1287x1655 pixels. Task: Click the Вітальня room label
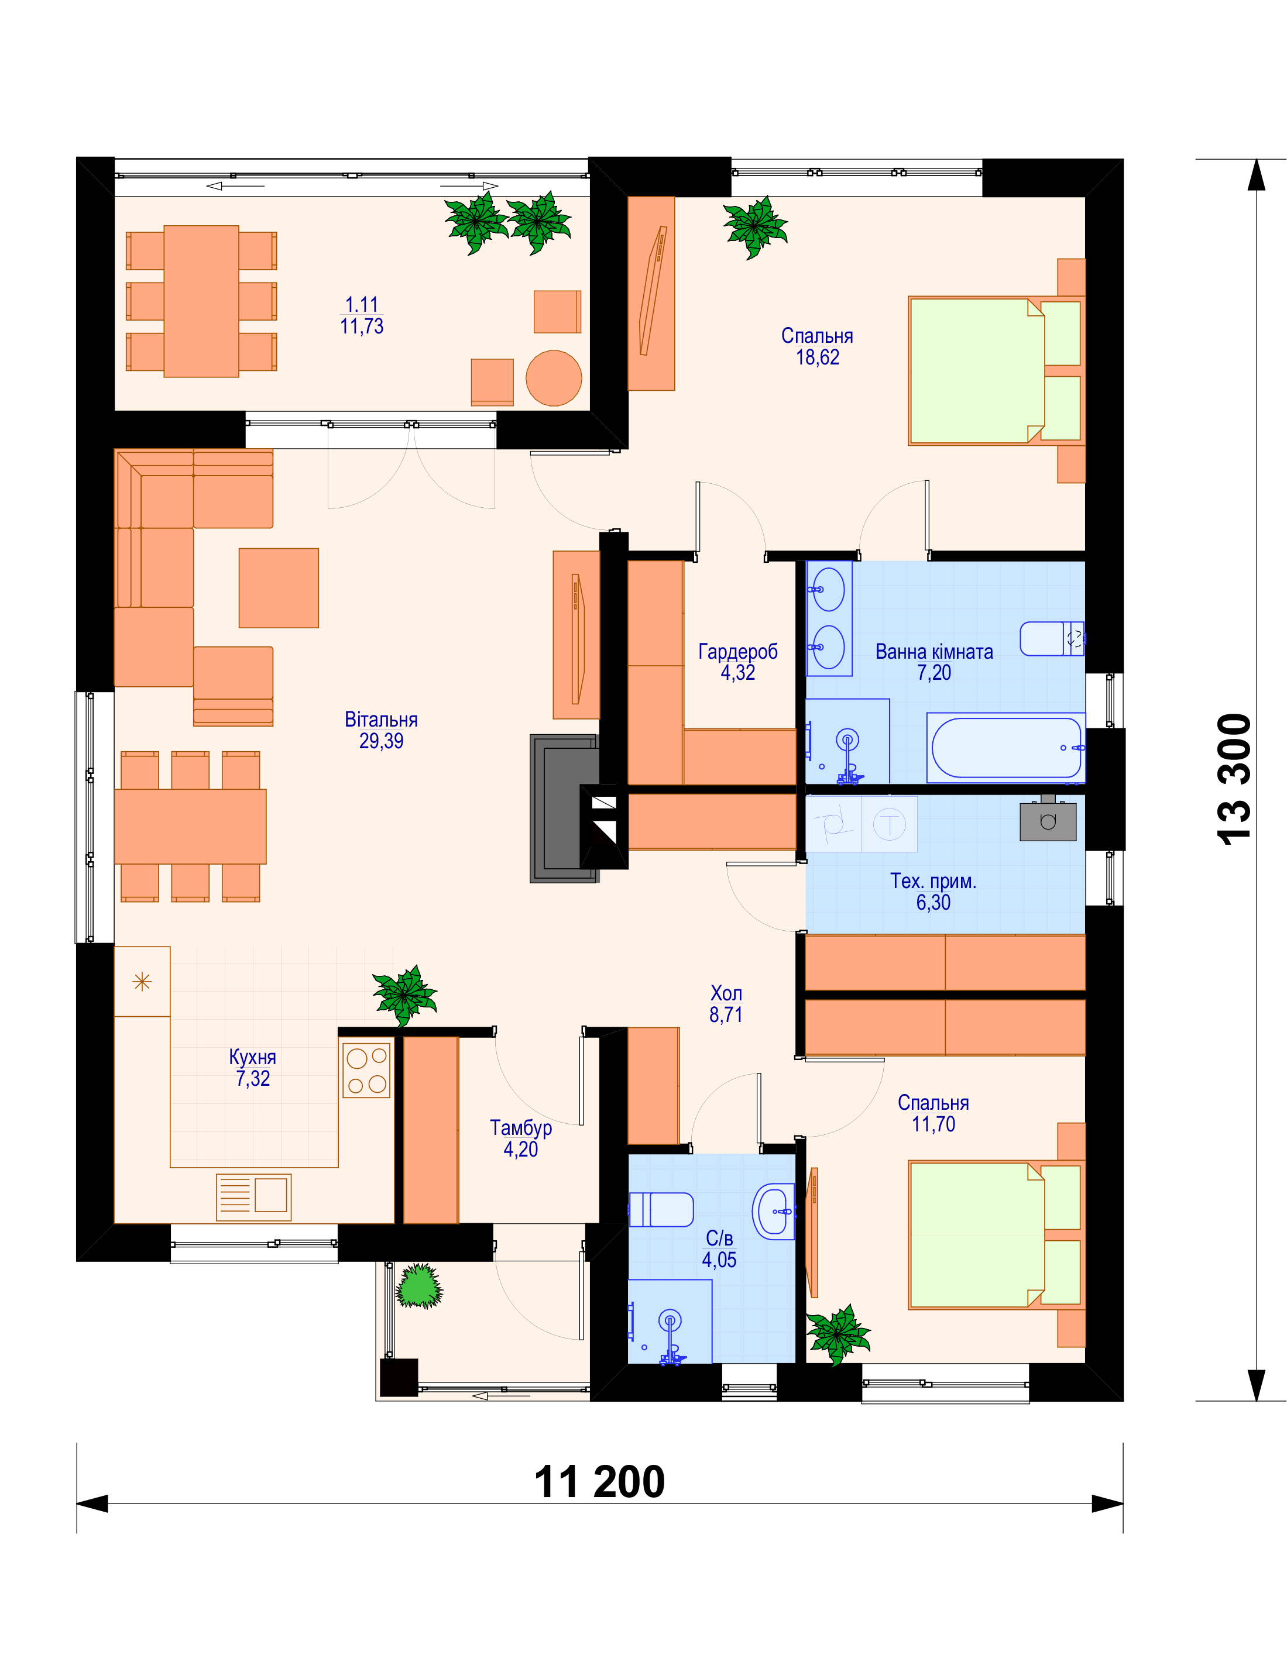380,719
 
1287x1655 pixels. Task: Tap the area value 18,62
817,357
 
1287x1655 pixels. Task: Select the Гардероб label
737,651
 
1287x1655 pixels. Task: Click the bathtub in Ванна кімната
1006,748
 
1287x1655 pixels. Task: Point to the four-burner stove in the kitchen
368,1070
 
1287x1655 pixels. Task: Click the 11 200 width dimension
599,1482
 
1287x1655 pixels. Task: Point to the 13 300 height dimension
1234,779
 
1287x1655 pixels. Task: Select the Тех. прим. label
933,880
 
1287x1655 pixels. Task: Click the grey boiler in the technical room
1048,821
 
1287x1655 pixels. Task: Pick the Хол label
726,993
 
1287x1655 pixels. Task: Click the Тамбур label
521,1127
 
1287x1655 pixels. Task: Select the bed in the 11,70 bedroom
997,1235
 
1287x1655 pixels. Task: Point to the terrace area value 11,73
362,326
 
